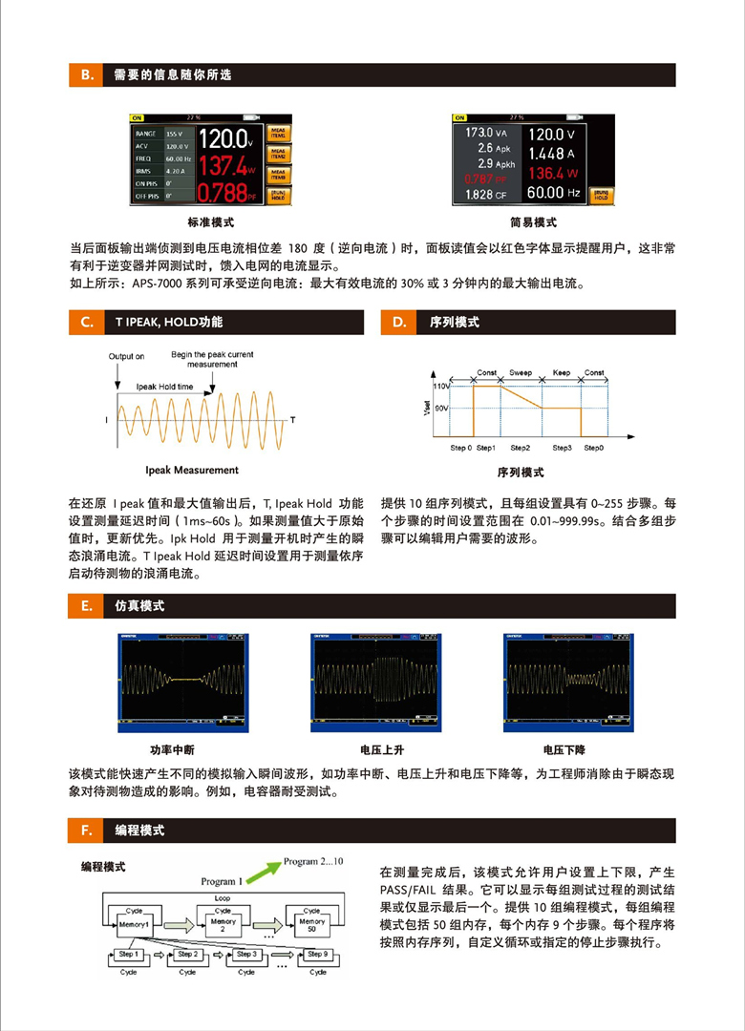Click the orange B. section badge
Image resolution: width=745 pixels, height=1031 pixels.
click(84, 75)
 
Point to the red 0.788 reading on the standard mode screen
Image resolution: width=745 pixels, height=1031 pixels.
click(225, 192)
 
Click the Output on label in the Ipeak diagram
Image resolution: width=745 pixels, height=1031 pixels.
click(126, 357)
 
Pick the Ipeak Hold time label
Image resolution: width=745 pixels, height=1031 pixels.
click(164, 387)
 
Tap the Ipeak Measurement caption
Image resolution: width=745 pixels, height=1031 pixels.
click(192, 470)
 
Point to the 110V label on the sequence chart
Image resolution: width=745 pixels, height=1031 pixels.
click(440, 387)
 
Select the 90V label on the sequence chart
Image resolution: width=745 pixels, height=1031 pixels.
click(441, 409)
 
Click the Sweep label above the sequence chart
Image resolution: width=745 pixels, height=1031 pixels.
click(521, 373)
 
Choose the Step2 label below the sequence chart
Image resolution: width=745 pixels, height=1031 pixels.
click(520, 448)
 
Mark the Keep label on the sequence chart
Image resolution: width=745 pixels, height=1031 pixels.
click(561, 373)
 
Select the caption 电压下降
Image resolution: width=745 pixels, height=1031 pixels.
click(564, 750)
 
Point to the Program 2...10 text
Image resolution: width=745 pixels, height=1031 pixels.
click(313, 862)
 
